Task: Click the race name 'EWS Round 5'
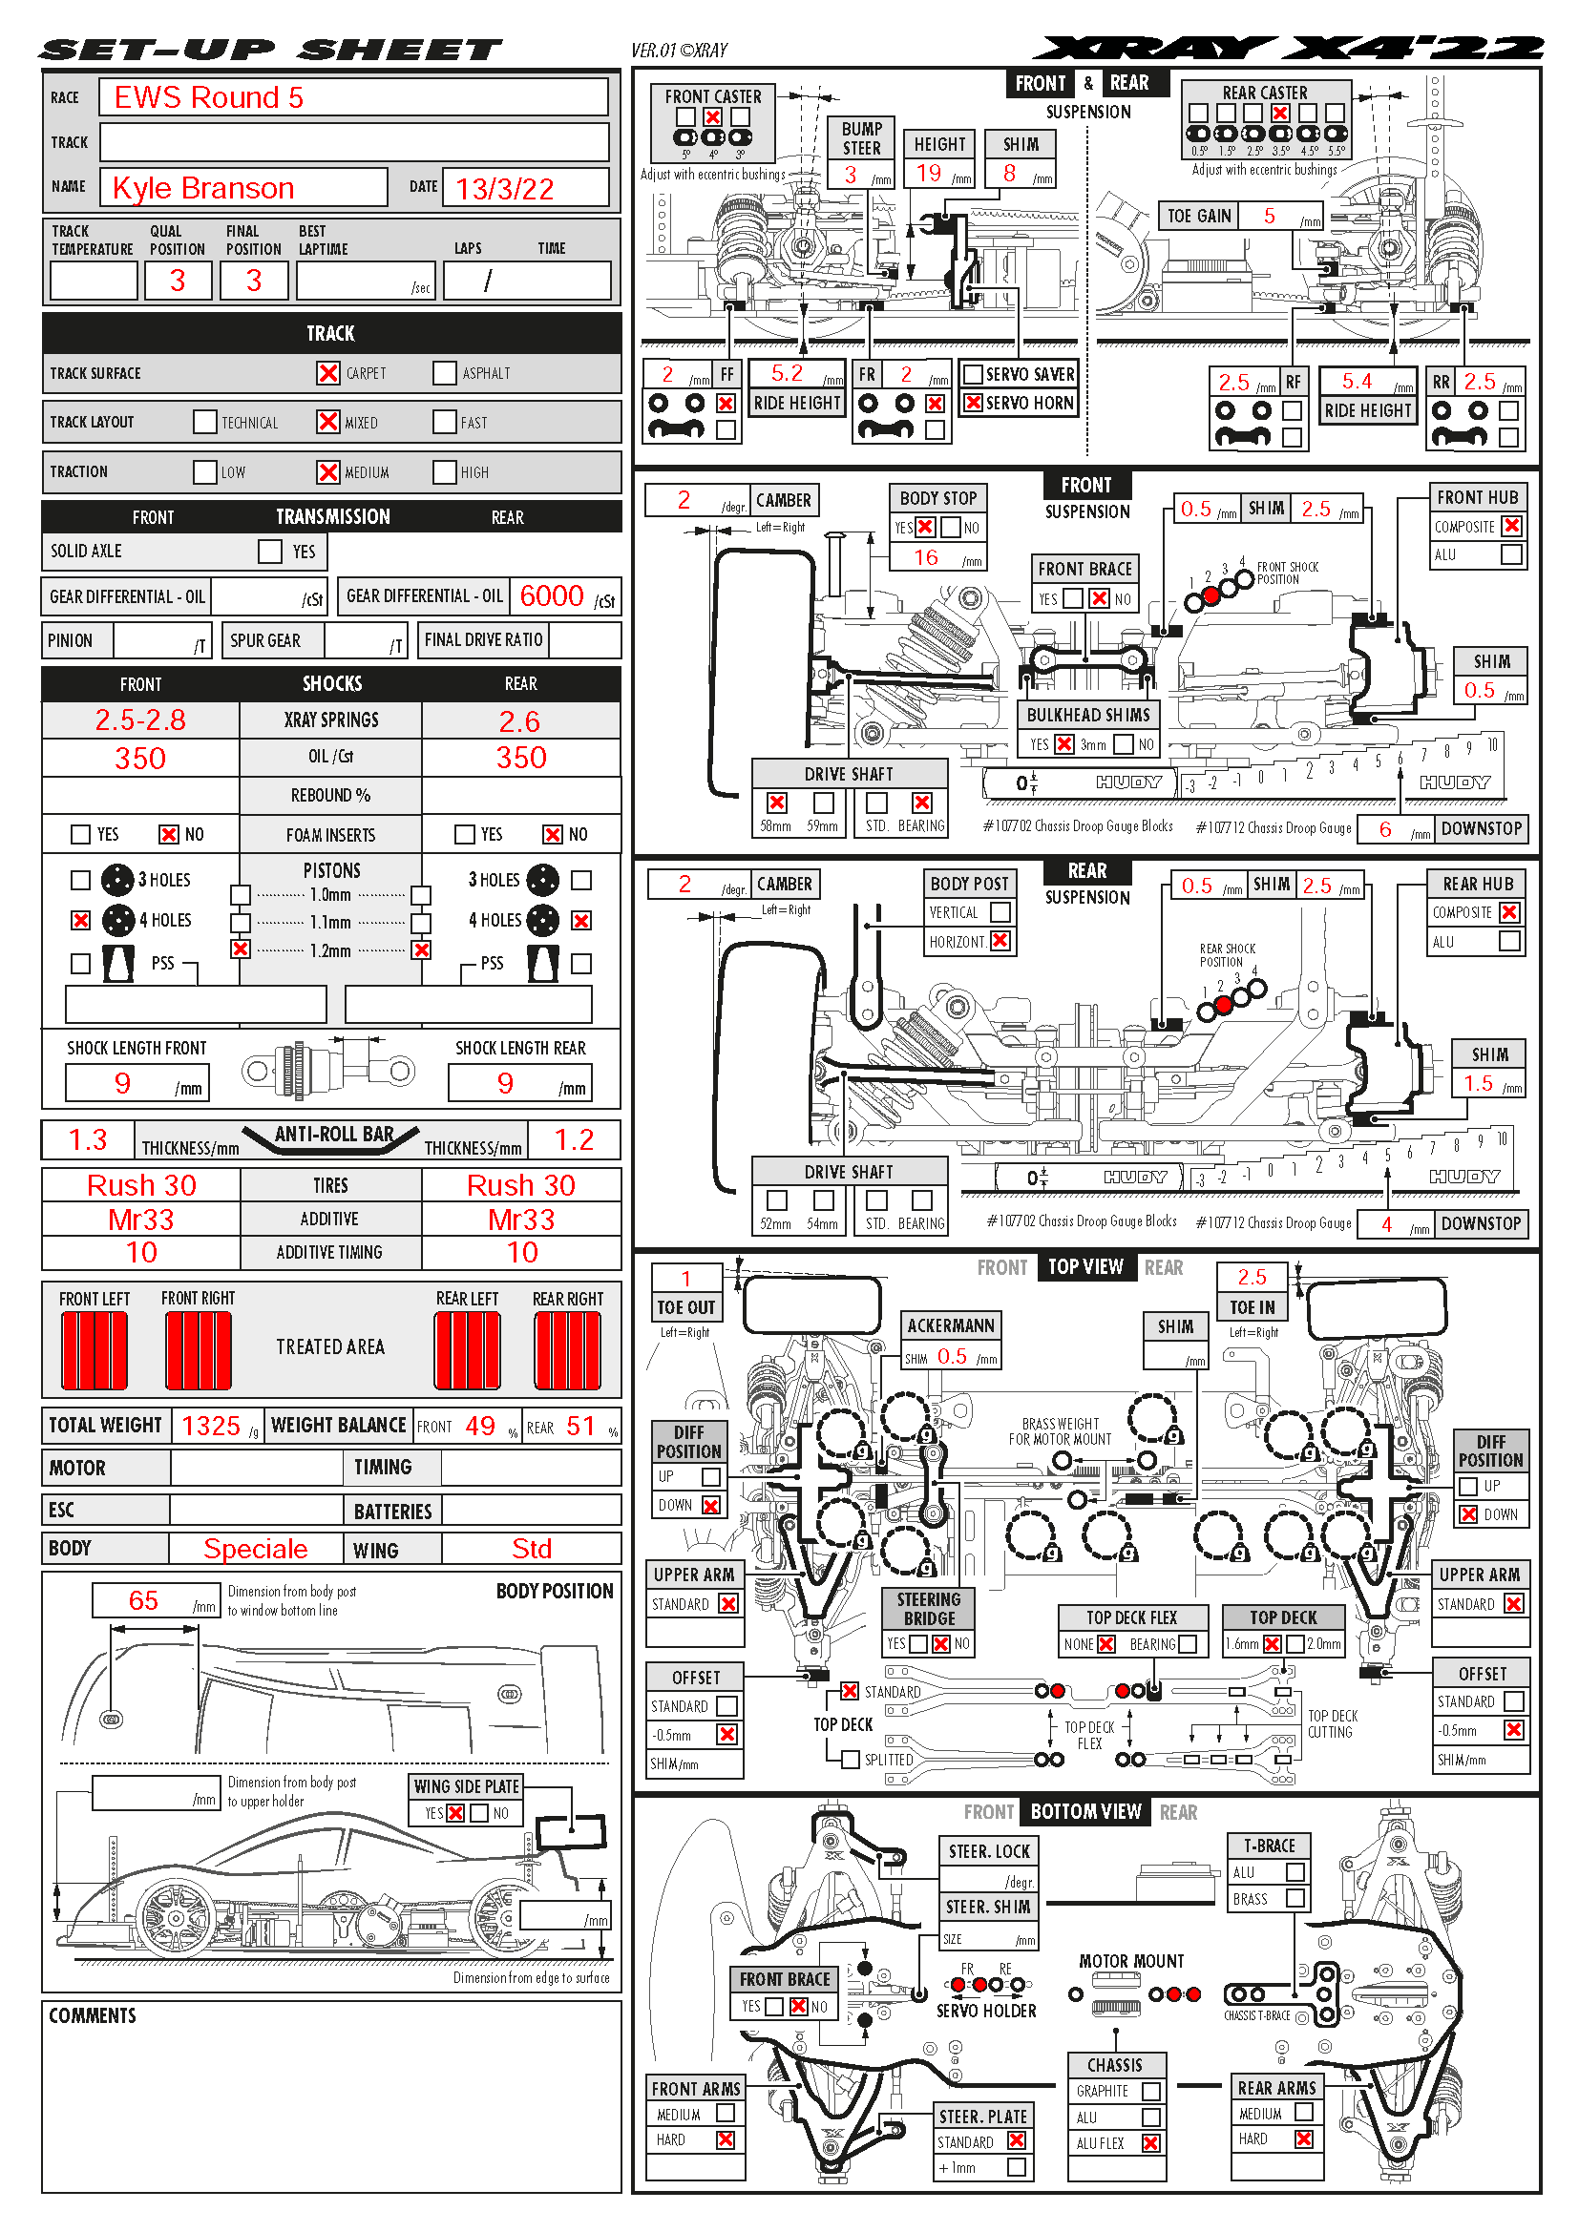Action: (x=208, y=97)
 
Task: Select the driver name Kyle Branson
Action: (x=203, y=188)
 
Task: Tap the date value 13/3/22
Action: (x=505, y=189)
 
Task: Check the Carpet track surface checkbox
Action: (x=328, y=373)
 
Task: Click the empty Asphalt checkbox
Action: (x=444, y=373)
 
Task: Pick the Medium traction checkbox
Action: (x=328, y=472)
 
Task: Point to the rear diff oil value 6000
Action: (x=551, y=595)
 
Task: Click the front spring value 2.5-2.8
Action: (x=140, y=720)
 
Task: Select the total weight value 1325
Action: (x=210, y=1426)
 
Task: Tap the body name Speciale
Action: (x=255, y=1549)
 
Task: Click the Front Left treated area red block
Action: (x=95, y=1350)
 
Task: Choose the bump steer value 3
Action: (x=851, y=175)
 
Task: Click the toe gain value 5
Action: (x=1269, y=216)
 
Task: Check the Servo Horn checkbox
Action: (x=972, y=403)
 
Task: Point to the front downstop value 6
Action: (x=1385, y=829)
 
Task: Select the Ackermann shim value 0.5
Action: (x=952, y=1357)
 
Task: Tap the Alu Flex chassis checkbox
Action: (x=1151, y=2142)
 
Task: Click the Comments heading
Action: (x=93, y=2016)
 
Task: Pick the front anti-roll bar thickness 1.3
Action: (x=88, y=1140)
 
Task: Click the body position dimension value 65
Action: (x=143, y=1601)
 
